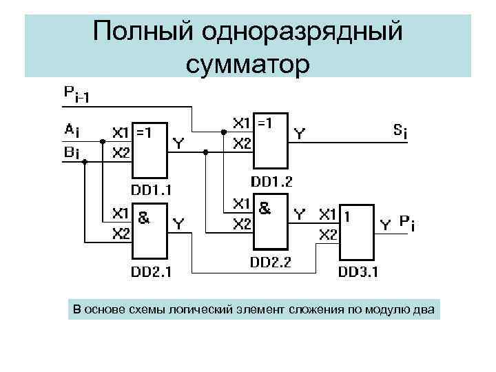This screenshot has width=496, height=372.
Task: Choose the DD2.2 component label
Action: [270, 262]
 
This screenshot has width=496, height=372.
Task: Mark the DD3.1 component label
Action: [358, 271]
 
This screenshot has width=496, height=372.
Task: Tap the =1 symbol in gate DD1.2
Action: [265, 123]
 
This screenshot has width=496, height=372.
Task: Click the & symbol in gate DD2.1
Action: [144, 218]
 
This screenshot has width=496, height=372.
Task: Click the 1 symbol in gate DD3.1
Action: [348, 216]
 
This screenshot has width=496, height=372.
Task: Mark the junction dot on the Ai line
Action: [102, 141]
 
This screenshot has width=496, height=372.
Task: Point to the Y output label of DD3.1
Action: [386, 224]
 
